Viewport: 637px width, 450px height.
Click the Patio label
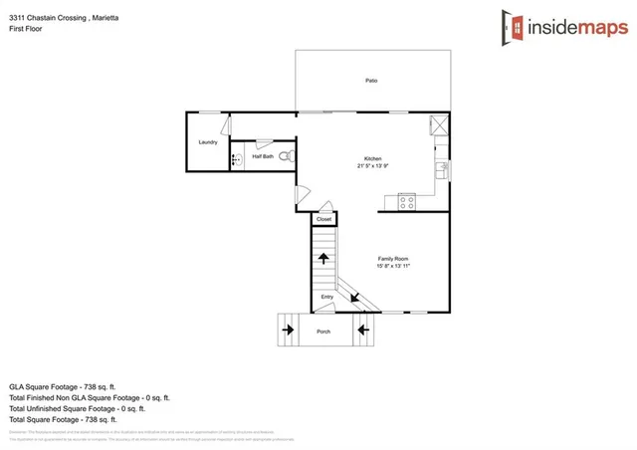pyautogui.click(x=370, y=81)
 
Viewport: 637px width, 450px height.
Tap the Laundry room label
pyautogui.click(x=208, y=142)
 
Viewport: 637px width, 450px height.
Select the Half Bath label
pyautogui.click(x=263, y=156)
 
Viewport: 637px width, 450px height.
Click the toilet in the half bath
pyautogui.click(x=285, y=156)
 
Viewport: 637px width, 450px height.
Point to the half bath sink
pyautogui.click(x=237, y=159)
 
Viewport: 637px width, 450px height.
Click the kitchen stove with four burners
pyautogui.click(x=407, y=201)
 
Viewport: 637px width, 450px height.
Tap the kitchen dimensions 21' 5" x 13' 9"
pyautogui.click(x=373, y=166)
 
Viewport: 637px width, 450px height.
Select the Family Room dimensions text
pyautogui.click(x=393, y=266)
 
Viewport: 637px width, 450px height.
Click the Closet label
pyautogui.click(x=324, y=219)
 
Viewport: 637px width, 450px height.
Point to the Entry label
pyautogui.click(x=327, y=297)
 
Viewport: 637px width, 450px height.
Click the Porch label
pyautogui.click(x=323, y=332)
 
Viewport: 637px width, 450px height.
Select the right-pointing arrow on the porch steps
pyautogui.click(x=289, y=328)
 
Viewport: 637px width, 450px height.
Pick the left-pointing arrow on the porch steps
pyautogui.click(x=363, y=328)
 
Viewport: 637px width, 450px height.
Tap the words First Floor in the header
pyautogui.click(x=28, y=29)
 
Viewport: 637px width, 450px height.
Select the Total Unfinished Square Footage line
pyautogui.click(x=77, y=408)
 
